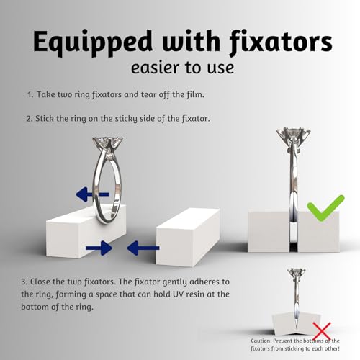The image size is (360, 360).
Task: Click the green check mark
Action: (x=326, y=208)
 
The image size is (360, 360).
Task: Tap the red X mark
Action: (x=322, y=331)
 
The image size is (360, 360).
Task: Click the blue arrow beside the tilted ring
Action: (x=93, y=194)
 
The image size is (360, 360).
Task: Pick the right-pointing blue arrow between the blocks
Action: (x=99, y=248)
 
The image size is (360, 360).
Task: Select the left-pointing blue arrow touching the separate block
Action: (x=143, y=248)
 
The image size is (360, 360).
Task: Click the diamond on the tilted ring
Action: (x=108, y=142)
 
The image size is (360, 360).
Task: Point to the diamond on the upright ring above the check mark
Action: (x=293, y=133)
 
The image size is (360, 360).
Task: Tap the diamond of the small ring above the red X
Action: (x=297, y=272)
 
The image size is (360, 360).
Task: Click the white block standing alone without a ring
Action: (x=188, y=237)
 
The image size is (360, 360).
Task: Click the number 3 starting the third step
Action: (x=24, y=282)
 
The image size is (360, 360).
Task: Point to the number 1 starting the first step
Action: (x=30, y=94)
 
